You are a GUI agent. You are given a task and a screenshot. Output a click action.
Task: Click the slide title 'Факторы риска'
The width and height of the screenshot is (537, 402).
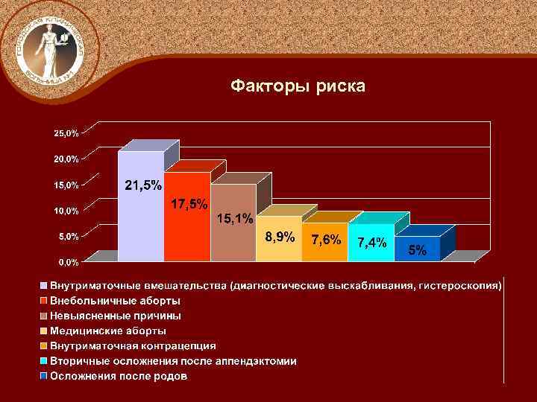(x=298, y=87)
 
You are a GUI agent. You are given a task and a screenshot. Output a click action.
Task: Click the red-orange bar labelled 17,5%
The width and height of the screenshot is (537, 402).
(x=187, y=231)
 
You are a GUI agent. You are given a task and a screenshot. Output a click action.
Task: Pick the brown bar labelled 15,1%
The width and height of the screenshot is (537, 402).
(x=232, y=238)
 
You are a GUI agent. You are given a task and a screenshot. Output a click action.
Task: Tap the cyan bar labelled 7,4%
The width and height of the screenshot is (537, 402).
(x=371, y=252)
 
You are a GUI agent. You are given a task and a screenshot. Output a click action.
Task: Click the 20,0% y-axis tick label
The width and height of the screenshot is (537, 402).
(x=65, y=159)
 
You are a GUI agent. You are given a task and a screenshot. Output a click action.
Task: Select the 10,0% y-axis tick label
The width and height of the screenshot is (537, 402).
(x=65, y=211)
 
